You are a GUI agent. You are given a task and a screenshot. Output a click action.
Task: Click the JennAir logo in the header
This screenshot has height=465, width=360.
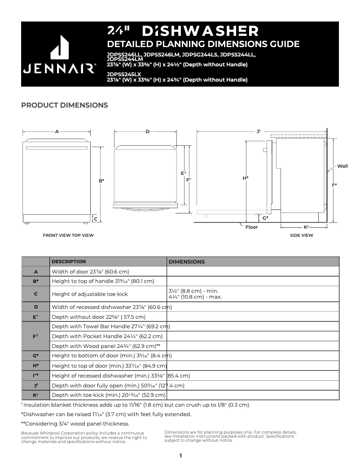tap(59, 56)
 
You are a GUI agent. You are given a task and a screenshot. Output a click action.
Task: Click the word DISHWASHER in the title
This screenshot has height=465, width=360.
tap(200, 31)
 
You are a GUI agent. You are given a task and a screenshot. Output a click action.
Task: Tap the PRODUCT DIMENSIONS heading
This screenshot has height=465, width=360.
tap(65, 105)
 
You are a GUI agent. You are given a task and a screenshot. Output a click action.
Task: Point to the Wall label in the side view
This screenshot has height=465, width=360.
tap(342, 166)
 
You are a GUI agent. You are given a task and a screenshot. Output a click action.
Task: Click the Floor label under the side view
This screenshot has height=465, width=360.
tap(251, 227)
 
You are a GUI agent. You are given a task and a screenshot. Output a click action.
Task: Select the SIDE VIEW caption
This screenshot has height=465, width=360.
tap(302, 235)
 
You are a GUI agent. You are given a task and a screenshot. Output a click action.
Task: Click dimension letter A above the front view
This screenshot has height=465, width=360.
tap(57, 131)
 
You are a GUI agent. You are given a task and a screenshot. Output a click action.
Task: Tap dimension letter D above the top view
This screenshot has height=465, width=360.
tap(147, 131)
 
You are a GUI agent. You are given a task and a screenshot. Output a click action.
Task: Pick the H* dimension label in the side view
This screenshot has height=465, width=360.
tap(246, 178)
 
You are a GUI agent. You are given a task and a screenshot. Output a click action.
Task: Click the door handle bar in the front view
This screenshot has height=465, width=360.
tap(57, 148)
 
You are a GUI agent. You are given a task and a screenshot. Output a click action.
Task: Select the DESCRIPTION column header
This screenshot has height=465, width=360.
tap(69, 261)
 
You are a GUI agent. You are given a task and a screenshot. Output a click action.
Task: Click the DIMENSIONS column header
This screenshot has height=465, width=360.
tap(186, 262)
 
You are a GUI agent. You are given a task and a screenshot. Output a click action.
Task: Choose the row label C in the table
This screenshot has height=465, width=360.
tap(36, 294)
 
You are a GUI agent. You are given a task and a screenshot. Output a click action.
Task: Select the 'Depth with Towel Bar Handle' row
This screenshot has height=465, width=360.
tap(110, 326)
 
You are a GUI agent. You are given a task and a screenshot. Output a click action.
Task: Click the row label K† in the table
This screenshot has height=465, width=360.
tap(36, 395)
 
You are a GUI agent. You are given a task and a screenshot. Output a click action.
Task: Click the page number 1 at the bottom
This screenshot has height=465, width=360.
tap(180, 456)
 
